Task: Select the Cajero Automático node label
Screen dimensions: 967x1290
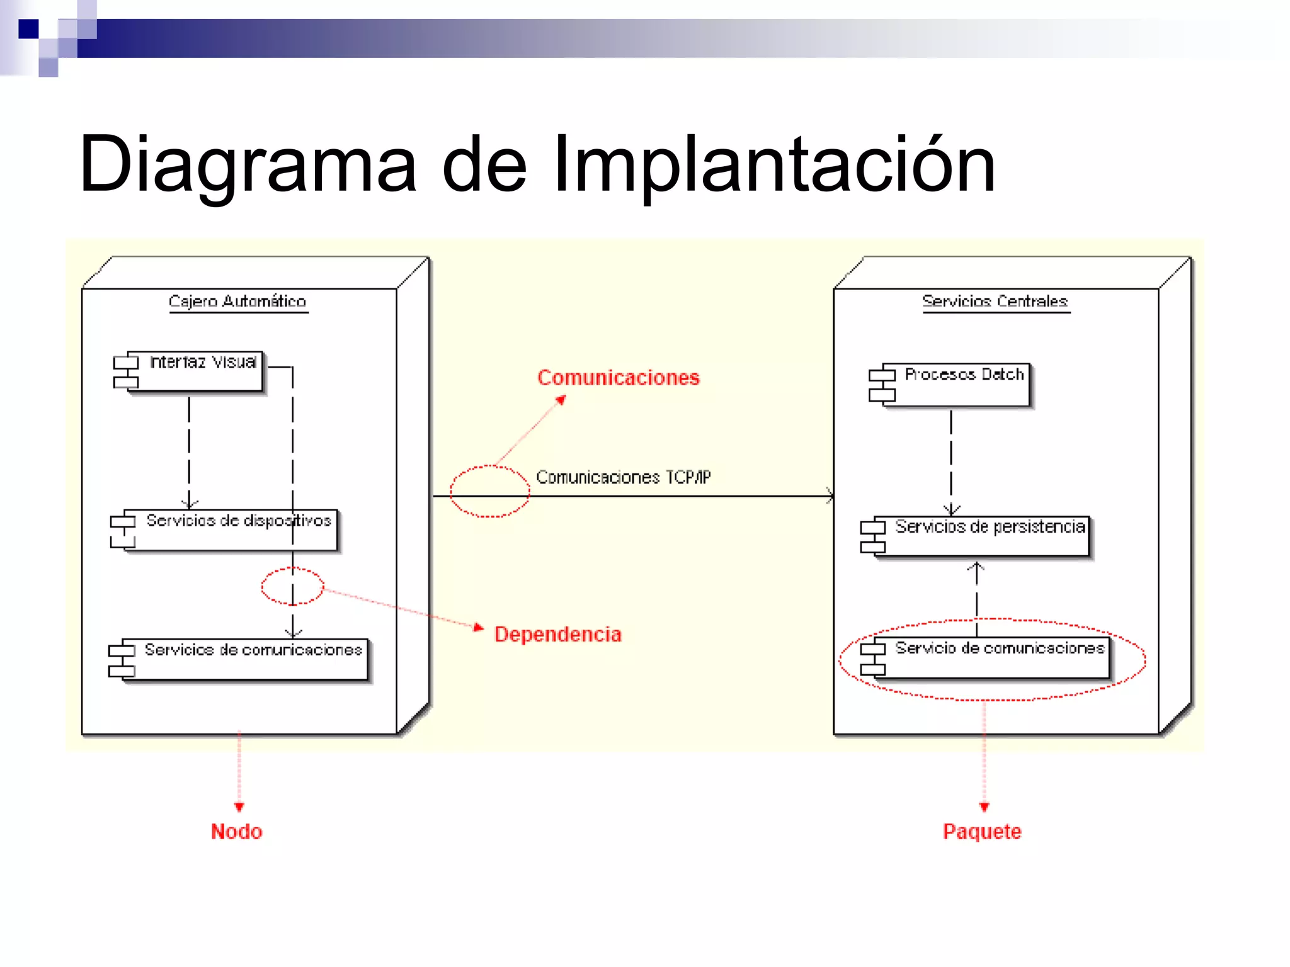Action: coord(237,302)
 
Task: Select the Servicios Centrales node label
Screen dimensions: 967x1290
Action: coord(995,302)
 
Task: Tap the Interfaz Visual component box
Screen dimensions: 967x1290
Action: coord(195,371)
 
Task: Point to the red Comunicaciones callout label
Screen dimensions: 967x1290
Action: coord(618,378)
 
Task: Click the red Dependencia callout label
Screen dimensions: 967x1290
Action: coord(557,635)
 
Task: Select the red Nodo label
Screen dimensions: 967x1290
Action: coord(236,832)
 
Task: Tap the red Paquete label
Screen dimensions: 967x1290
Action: coord(981,832)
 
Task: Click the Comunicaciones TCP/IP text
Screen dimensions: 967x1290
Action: coord(623,477)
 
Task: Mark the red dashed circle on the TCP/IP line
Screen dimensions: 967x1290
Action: coord(490,492)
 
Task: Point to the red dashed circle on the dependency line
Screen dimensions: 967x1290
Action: coord(292,586)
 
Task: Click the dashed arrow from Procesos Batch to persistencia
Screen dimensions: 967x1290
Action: coord(951,460)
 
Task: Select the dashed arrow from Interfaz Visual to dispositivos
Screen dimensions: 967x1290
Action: coord(189,450)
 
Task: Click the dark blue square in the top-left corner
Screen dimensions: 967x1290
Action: coord(28,29)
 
